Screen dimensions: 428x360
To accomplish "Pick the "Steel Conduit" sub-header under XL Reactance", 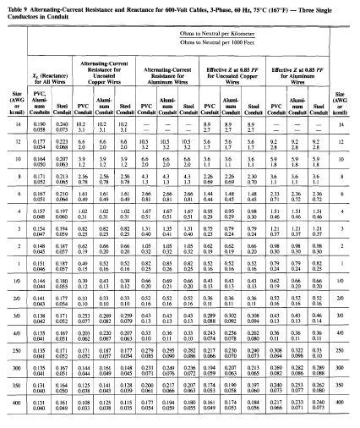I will (64, 107).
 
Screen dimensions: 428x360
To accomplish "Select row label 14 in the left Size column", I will (14, 124).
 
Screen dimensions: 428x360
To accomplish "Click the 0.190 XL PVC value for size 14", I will (39, 123).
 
